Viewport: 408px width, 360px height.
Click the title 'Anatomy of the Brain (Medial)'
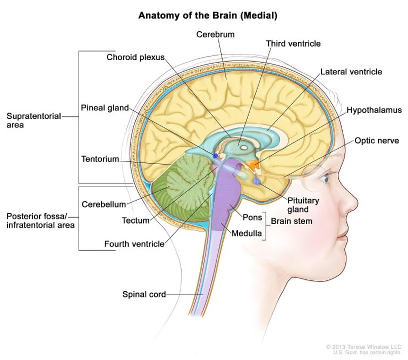tap(208, 15)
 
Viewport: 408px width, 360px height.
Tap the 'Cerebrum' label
tap(215, 35)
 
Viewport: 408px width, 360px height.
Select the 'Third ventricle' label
tap(293, 44)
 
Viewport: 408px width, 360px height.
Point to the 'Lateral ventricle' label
tap(351, 72)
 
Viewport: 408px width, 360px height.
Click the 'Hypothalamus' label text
tap(374, 110)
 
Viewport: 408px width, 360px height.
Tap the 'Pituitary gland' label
tap(303, 204)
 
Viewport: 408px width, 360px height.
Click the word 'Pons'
tap(251, 217)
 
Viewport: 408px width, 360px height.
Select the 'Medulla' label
tap(246, 232)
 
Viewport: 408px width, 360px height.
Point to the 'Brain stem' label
tap(290, 221)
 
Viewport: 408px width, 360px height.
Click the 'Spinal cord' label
tap(144, 294)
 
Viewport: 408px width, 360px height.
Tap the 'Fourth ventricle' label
tap(134, 245)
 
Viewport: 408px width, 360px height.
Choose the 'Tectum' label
tap(135, 220)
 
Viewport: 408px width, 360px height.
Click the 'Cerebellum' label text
tap(104, 204)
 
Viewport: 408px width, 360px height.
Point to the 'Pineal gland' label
tap(105, 108)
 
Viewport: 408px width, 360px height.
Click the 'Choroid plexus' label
tap(135, 57)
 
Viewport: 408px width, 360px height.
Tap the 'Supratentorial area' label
tap(33, 121)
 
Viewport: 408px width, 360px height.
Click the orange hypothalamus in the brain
tap(256, 165)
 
